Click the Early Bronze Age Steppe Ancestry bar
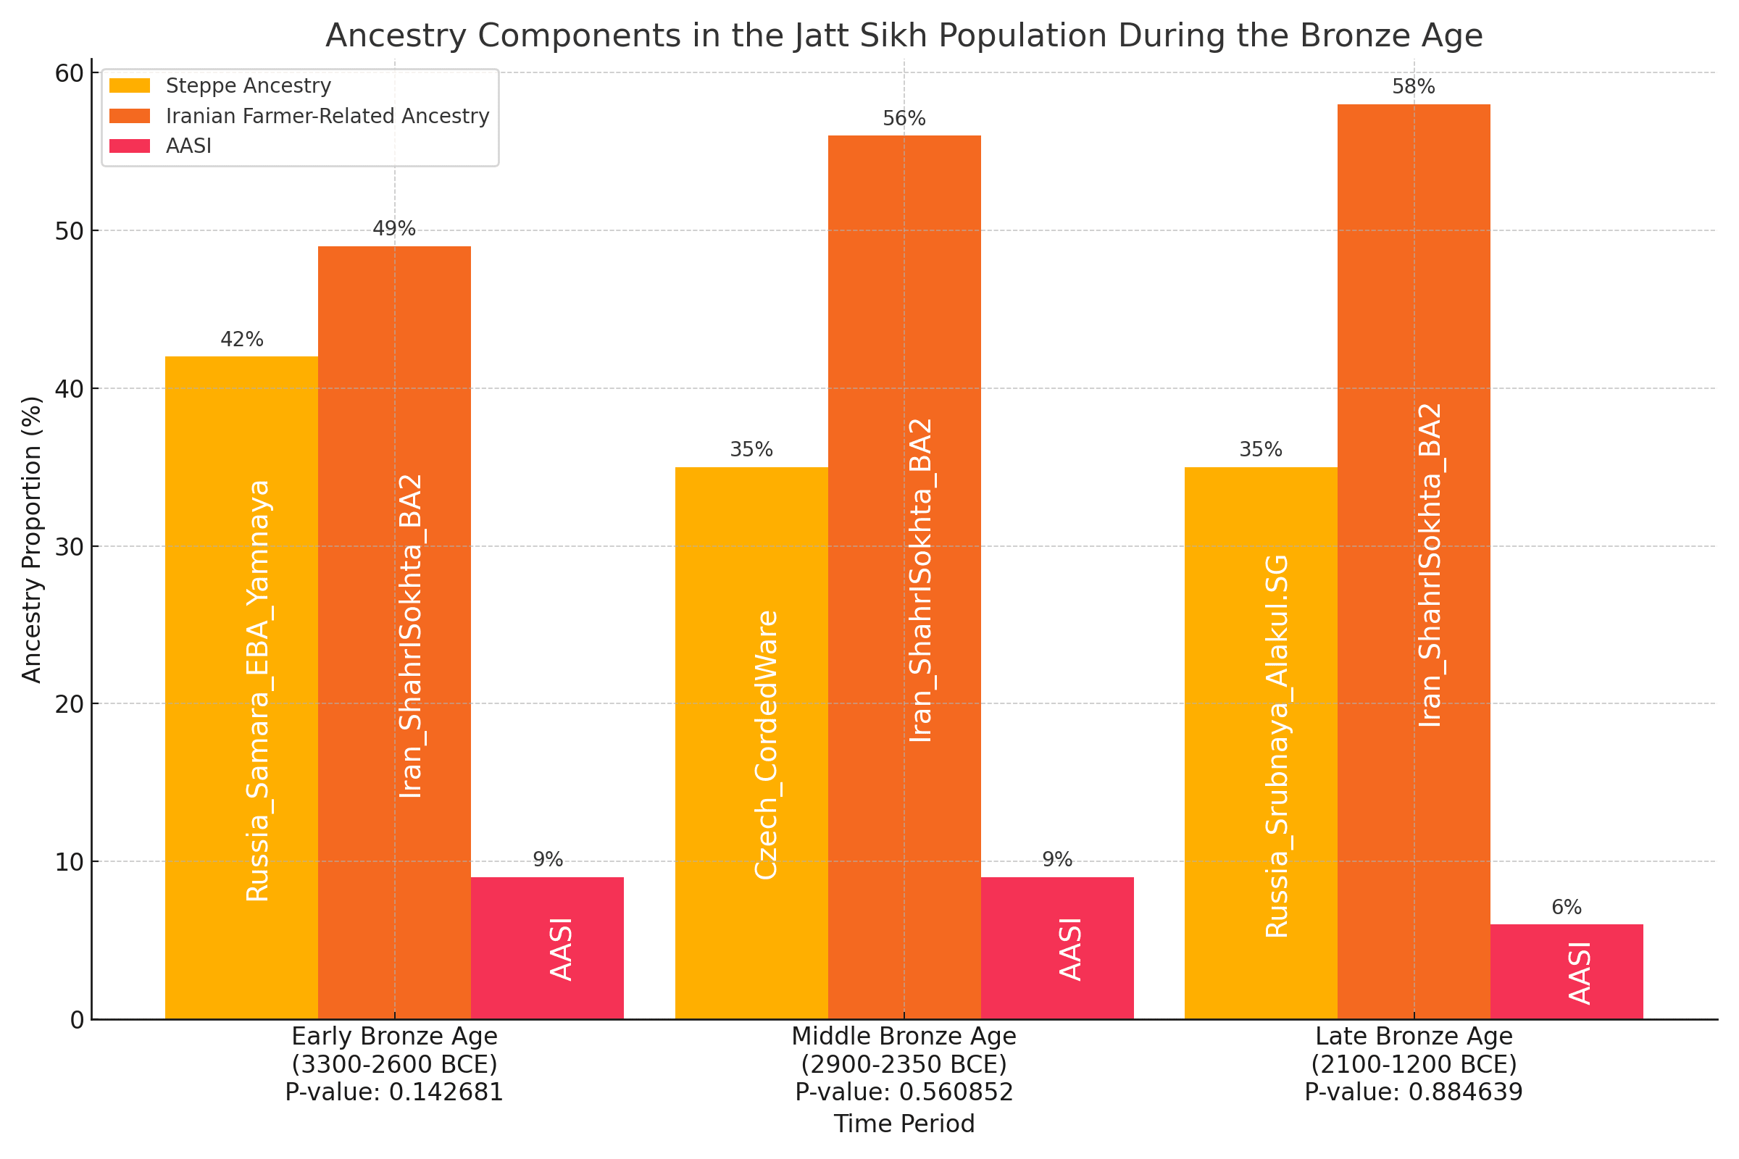(x=241, y=687)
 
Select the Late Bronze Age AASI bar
(x=1566, y=971)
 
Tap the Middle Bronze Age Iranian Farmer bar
(x=904, y=577)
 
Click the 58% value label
(x=1413, y=87)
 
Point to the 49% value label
(x=394, y=229)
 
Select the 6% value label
(x=1566, y=908)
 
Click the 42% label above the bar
(x=242, y=340)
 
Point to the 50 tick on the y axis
(x=70, y=231)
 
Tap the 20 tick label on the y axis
(x=70, y=704)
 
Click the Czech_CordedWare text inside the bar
(x=767, y=745)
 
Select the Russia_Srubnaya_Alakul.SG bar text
(x=1277, y=747)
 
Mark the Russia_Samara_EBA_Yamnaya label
(x=257, y=691)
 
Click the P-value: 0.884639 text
(x=1413, y=1092)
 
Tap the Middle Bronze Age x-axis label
(x=904, y=1037)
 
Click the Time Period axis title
(x=904, y=1124)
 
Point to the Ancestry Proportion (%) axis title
(x=32, y=540)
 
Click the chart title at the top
(x=904, y=35)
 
